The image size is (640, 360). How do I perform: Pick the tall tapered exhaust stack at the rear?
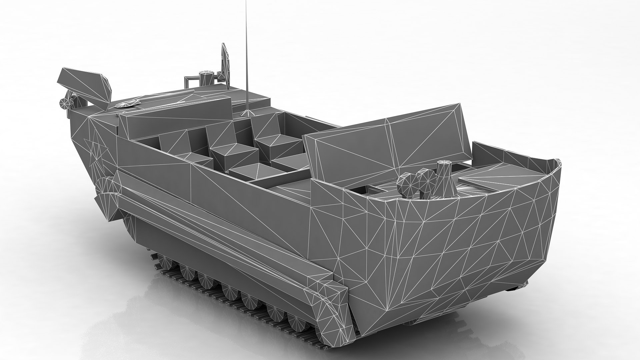442,180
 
